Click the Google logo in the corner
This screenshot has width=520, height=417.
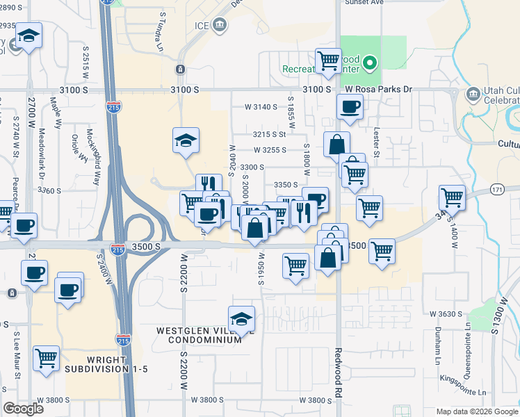point(24,409)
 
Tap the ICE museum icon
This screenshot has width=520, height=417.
point(220,26)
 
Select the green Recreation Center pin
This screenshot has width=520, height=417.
point(371,65)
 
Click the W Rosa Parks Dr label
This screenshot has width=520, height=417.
point(379,90)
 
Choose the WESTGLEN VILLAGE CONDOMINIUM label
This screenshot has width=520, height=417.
point(202,336)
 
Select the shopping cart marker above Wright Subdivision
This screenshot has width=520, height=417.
point(46,359)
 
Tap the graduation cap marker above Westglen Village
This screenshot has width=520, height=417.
point(241,319)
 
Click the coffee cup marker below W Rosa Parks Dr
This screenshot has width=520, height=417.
point(350,107)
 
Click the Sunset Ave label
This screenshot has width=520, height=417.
point(364,3)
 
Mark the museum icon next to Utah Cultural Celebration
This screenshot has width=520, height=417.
point(473,94)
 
